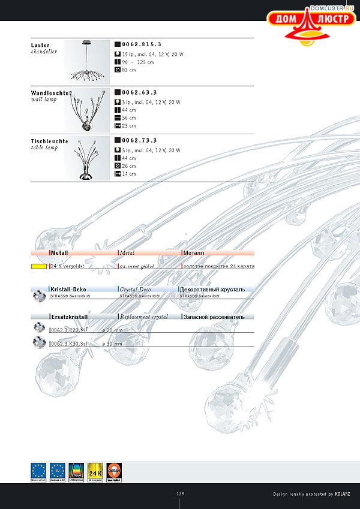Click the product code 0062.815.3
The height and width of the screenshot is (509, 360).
pos(142,44)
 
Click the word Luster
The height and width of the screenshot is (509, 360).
pos(40,45)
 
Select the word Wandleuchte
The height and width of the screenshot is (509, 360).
pos(50,94)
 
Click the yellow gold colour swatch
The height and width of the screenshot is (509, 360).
pos(40,266)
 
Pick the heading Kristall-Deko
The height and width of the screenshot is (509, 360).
pos(68,289)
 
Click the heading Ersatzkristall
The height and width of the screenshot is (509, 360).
pos(70,316)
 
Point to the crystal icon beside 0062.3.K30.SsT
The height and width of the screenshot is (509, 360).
pos(39,343)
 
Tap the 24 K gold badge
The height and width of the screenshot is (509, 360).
pos(96,472)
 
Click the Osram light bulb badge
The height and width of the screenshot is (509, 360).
pos(114,472)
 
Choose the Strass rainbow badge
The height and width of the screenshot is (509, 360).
pos(76,472)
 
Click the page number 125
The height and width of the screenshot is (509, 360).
pos(180,494)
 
